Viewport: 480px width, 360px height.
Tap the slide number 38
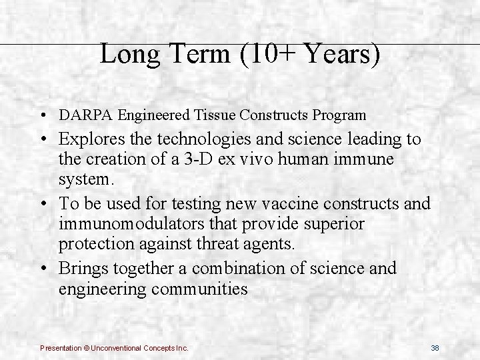click(x=435, y=348)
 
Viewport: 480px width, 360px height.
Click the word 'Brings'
click(x=89, y=269)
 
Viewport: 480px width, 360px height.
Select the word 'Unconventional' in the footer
click(x=113, y=348)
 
